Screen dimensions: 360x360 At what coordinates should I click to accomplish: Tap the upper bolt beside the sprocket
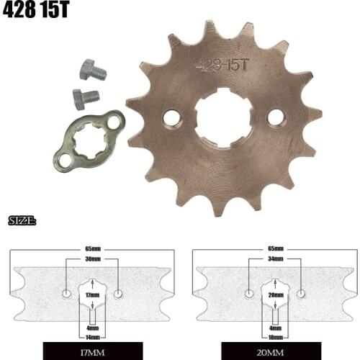(x=91, y=70)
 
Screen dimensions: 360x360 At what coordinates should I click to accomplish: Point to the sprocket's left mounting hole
(x=171, y=117)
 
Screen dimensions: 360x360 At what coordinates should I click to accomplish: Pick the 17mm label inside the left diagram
(x=91, y=294)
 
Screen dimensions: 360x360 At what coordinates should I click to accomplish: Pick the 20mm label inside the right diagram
(x=274, y=294)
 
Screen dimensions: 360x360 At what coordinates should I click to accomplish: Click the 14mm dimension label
(x=91, y=337)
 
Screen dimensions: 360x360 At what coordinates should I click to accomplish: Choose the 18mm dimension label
(x=274, y=337)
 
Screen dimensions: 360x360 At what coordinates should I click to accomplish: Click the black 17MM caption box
(x=91, y=353)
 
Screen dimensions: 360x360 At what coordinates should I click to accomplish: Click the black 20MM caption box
(x=274, y=353)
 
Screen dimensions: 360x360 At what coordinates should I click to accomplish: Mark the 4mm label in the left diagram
(x=91, y=328)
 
